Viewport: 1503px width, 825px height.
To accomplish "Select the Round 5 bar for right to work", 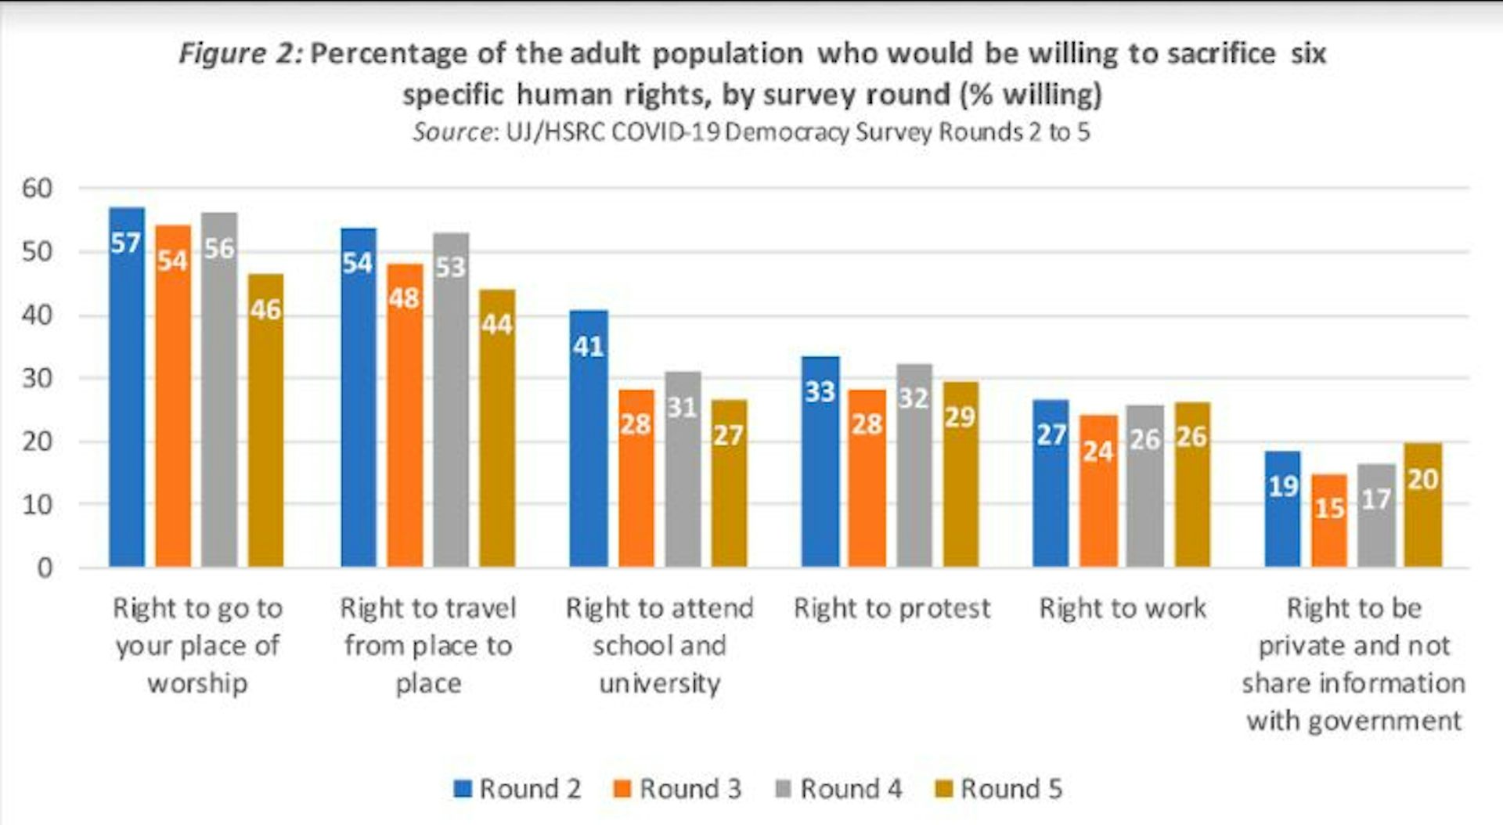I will pos(1191,485).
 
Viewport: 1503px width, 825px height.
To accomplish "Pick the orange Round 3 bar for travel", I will pos(404,415).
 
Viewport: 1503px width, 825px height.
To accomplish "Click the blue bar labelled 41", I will pos(589,438).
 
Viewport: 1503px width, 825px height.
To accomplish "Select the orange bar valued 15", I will pos(1329,521).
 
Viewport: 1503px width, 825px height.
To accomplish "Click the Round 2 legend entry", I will pos(517,788).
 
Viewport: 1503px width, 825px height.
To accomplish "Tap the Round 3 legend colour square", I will pos(623,788).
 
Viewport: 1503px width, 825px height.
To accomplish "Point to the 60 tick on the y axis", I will pos(37,189).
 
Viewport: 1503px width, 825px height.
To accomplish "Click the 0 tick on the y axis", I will pos(45,567).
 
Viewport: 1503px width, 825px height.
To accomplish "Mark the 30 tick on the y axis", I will pos(37,378).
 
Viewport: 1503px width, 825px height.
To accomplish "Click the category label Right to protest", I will pos(892,608).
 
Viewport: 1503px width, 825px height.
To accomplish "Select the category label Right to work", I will pos(1123,608).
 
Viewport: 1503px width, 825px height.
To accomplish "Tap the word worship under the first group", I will pos(197,683).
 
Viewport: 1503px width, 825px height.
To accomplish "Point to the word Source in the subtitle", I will pos(452,131).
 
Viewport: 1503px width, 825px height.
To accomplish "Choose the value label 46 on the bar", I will pos(265,310).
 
